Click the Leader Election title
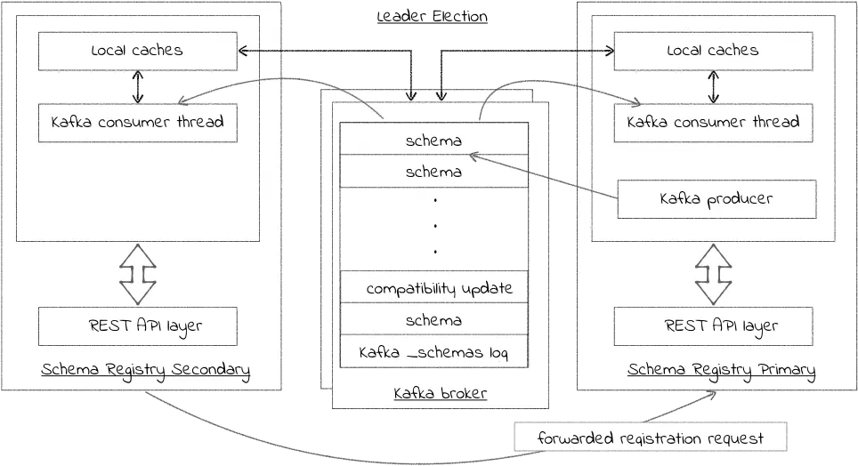[x=433, y=16]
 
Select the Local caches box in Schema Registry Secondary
[x=138, y=52]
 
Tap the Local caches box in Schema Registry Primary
[x=713, y=52]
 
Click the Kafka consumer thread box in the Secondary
[x=138, y=123]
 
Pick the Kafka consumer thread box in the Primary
[x=713, y=123]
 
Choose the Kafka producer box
[x=716, y=199]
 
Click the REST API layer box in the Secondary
[x=138, y=326]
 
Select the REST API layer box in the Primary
[x=713, y=326]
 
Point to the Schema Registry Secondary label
[x=146, y=370]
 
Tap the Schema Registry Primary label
[x=721, y=370]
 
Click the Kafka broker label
[x=440, y=393]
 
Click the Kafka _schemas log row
[x=434, y=351]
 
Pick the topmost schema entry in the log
[x=434, y=139]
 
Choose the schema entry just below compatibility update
[x=434, y=319]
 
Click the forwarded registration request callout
[x=650, y=437]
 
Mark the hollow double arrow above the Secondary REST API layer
[x=138, y=274]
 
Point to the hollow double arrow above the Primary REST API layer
[x=713, y=274]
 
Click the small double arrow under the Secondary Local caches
[x=138, y=87]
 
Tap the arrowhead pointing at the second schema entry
[x=474, y=157]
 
